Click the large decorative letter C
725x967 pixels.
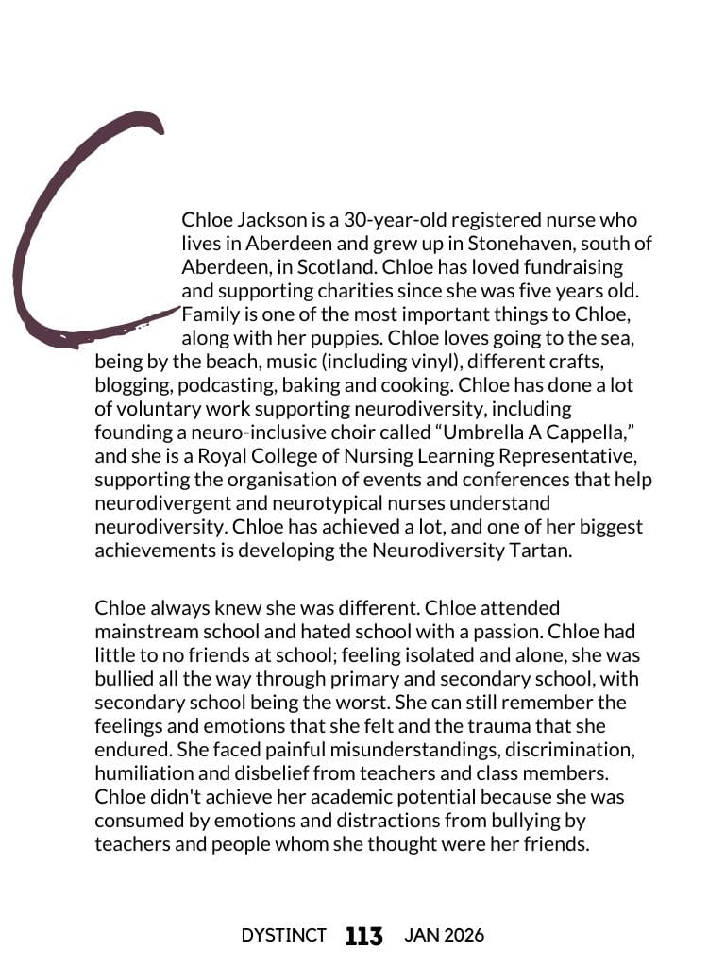point(57,236)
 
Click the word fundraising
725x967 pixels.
point(573,267)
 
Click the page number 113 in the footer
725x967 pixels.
point(364,936)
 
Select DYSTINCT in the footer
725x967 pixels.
point(283,936)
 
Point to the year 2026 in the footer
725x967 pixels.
point(463,936)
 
